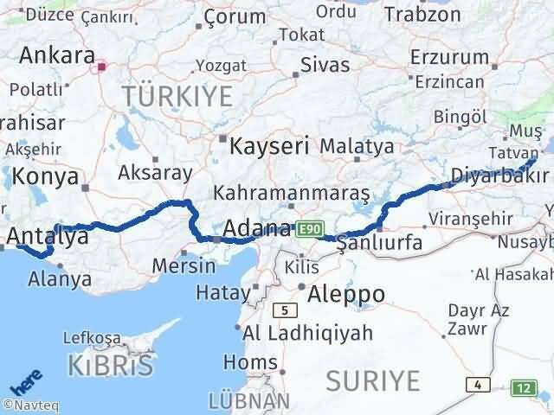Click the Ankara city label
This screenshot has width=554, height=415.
pyautogui.click(x=57, y=55)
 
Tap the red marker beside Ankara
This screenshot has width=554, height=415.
pyautogui.click(x=102, y=65)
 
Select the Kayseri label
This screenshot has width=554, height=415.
pyautogui.click(x=268, y=145)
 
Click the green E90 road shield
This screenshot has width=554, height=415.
pyautogui.click(x=309, y=229)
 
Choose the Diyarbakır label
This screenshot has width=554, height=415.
pyautogui.click(x=499, y=177)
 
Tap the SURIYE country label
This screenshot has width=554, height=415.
pyautogui.click(x=373, y=380)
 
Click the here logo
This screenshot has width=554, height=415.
pyautogui.click(x=23, y=381)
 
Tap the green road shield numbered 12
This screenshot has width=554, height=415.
pyautogui.click(x=523, y=387)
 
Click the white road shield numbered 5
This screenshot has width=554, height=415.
pyautogui.click(x=282, y=310)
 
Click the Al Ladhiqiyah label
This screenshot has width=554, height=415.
pyautogui.click(x=307, y=333)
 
